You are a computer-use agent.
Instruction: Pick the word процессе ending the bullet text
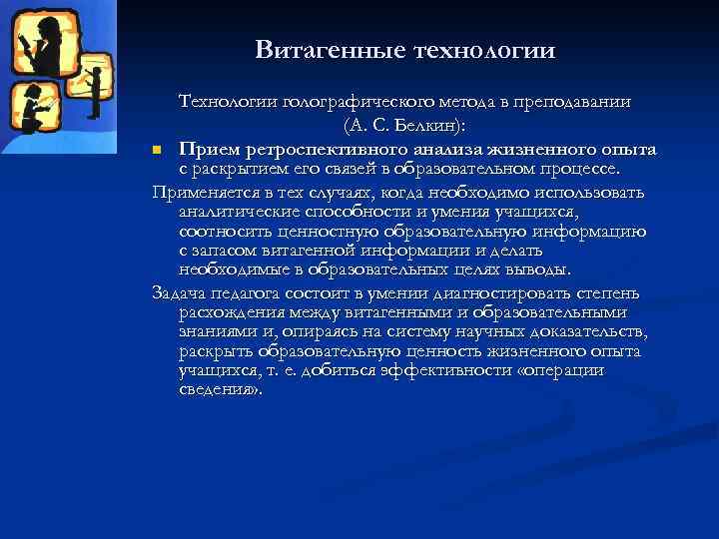tap(590, 169)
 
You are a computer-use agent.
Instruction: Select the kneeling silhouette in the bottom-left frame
tap(32, 108)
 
